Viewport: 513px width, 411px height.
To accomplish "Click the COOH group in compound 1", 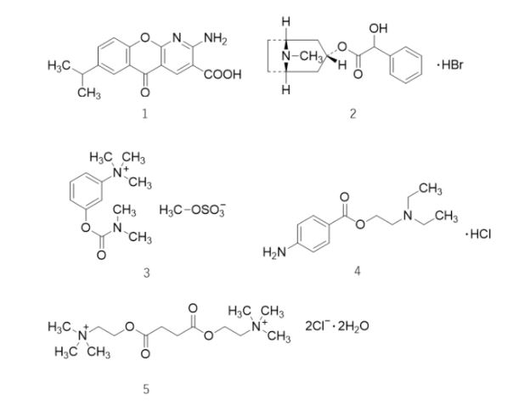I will coord(223,75).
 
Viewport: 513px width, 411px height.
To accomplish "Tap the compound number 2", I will coord(352,113).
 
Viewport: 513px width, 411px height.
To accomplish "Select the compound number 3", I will coord(146,273).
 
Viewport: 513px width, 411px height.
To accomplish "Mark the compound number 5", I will coord(145,389).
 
